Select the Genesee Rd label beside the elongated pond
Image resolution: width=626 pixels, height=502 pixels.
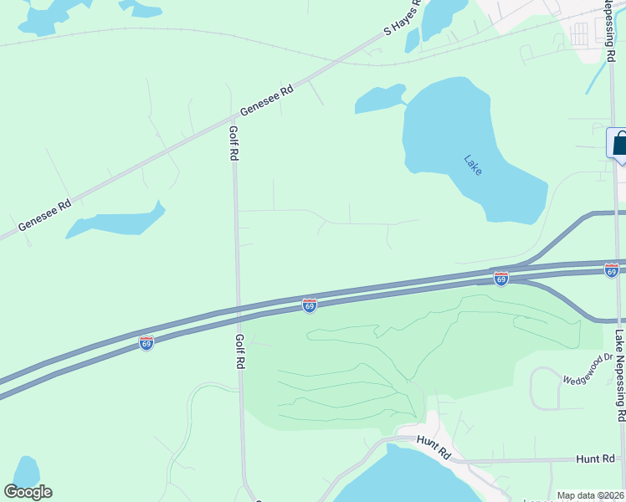[44, 215]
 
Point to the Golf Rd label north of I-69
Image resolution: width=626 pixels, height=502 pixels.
[234, 143]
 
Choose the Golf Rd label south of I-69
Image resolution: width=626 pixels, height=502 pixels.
[239, 351]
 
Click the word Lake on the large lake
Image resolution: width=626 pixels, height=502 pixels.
[474, 164]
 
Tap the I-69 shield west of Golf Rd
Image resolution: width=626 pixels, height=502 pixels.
[146, 343]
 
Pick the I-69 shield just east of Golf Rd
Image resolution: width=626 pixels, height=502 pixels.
[310, 306]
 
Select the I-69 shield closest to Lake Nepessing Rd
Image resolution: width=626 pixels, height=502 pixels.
[612, 270]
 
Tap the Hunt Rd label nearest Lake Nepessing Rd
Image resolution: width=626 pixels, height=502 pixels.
[596, 459]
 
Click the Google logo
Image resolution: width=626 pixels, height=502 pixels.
[28, 492]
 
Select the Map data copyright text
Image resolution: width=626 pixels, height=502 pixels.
[590, 495]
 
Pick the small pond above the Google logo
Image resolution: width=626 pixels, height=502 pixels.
[26, 471]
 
